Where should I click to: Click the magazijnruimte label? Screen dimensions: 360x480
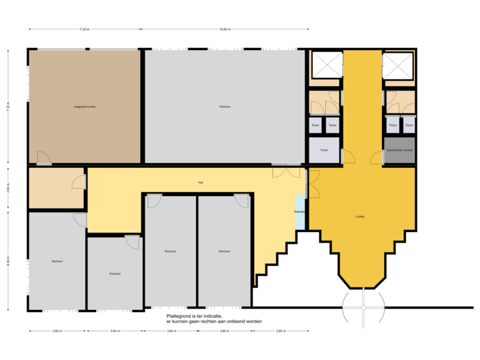tap(85, 107)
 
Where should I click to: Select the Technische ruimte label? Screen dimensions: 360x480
tap(399, 151)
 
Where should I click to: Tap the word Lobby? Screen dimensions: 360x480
tap(361, 217)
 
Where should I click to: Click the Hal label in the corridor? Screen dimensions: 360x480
tap(200, 183)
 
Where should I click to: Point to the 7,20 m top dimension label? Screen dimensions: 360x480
tap(85, 29)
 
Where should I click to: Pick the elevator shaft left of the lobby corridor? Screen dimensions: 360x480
tap(326, 65)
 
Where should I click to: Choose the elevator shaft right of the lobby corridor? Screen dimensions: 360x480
tap(399, 65)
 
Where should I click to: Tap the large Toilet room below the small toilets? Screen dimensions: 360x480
tap(324, 150)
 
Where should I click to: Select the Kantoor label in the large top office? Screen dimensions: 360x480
tap(225, 107)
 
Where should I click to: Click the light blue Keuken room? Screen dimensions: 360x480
tap(300, 212)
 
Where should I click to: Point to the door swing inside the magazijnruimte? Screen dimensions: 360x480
tap(43, 158)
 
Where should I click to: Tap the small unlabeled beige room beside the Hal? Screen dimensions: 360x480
tap(55, 189)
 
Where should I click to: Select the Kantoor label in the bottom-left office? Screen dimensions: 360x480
tap(57, 261)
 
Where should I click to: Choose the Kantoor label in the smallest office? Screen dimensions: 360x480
tap(115, 273)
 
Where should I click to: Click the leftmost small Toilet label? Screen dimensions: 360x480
tap(315, 125)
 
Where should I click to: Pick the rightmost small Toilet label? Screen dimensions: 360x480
tap(409, 125)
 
